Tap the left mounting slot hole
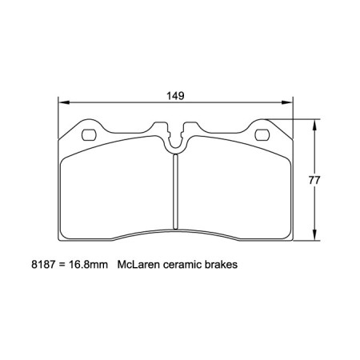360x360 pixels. click(x=89, y=134)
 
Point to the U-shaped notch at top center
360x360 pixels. click(x=176, y=140)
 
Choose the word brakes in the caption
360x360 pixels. click(x=222, y=263)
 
